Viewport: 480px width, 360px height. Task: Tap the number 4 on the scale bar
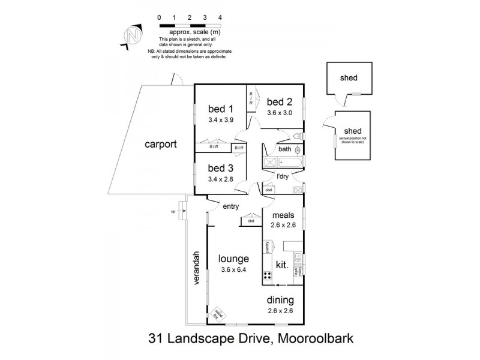(x=221, y=19)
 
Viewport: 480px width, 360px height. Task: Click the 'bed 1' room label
(x=220, y=109)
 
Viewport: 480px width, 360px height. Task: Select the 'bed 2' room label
(x=279, y=101)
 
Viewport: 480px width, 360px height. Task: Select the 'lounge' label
(x=233, y=259)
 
